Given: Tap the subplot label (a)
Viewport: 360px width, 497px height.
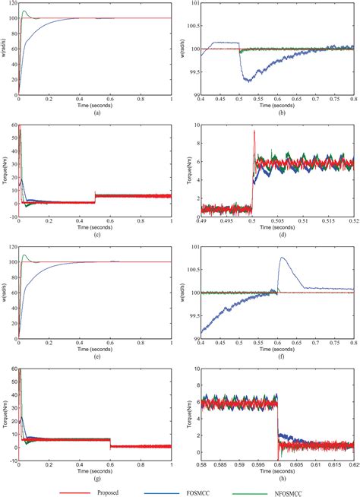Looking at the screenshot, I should click(96, 112).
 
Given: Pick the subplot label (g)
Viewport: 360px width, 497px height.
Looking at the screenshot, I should click(96, 477).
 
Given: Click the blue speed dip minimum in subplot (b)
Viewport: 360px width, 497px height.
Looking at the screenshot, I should click(246, 81).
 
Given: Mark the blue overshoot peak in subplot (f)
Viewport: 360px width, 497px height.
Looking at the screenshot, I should click(282, 258).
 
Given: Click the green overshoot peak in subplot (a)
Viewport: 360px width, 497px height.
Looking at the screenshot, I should click(24, 11).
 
